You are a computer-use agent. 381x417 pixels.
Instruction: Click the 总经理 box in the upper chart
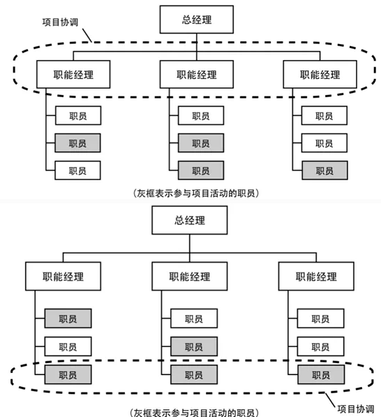coord(197,20)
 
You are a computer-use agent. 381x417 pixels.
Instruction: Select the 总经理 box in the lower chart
coord(189,220)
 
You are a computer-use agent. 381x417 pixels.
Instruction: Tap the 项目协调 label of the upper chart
coord(60,22)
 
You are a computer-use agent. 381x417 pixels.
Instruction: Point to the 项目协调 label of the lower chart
coord(356,409)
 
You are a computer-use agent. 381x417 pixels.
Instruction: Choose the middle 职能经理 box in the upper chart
coord(197,74)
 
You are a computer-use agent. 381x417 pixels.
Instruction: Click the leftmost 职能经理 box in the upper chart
coord(73,74)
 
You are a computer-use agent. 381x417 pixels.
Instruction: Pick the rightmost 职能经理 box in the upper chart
coord(320,74)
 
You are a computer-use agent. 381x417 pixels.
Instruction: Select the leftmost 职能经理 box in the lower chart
coord(63,276)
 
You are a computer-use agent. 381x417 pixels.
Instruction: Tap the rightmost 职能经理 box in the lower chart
coord(316,276)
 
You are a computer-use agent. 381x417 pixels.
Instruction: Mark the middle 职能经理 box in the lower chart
coord(189,276)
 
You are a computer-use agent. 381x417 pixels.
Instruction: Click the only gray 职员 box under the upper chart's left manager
coord(77,143)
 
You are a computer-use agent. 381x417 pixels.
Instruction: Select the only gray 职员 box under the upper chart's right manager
coord(324,170)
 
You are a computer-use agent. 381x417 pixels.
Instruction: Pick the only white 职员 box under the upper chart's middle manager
coord(201,115)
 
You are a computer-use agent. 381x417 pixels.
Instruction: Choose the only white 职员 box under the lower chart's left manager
coord(68,346)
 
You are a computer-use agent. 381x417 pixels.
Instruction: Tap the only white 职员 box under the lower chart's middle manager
coord(194,318)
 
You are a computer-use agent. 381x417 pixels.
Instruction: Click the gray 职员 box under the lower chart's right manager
coord(321,374)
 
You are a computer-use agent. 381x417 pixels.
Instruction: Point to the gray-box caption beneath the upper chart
coord(196,193)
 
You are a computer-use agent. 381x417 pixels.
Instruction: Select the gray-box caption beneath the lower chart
coord(194,413)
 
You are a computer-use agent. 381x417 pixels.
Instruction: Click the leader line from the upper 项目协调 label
coord(87,36)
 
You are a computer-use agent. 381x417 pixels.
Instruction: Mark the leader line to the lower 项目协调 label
coord(330,400)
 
